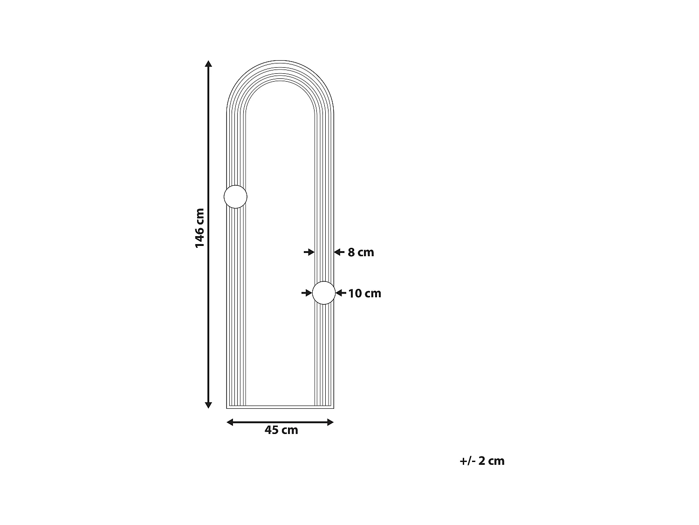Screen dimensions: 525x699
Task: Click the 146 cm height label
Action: point(200,228)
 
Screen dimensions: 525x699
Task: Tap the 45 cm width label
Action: point(281,430)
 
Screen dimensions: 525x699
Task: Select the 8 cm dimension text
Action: point(361,252)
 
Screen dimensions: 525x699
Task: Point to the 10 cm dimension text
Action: point(364,294)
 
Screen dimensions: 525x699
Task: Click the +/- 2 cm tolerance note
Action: point(482,461)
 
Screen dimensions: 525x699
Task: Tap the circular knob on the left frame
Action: point(235,196)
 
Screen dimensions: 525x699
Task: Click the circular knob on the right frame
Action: point(324,293)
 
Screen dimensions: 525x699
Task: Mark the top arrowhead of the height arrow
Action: point(209,64)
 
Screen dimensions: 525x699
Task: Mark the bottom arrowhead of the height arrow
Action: point(209,405)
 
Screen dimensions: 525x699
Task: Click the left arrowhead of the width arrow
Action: point(230,422)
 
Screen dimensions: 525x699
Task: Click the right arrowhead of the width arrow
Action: point(330,422)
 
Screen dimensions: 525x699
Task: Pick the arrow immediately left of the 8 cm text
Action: point(339,252)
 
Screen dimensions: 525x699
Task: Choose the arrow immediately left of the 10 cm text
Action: point(341,293)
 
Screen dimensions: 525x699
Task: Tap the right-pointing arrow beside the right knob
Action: point(307,293)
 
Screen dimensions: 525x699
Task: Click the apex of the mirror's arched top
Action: point(280,61)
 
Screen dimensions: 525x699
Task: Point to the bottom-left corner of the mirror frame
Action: point(227,408)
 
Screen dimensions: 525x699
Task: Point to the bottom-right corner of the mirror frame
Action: point(334,408)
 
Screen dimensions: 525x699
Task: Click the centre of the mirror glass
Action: point(280,243)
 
